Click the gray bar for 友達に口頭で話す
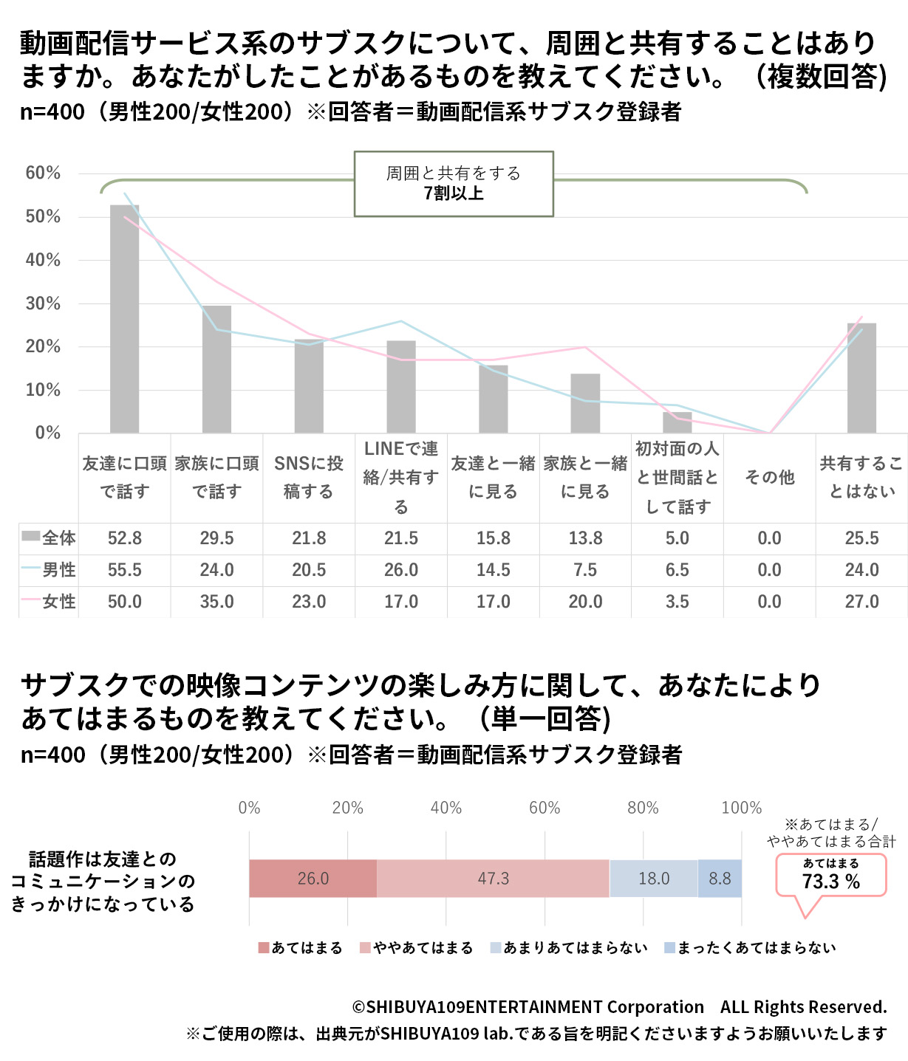[124, 319]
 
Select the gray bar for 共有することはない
[861, 378]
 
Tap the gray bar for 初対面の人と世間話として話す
[677, 423]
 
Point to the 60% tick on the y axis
[43, 174]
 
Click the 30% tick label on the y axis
[43, 303]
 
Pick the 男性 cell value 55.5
[124, 570]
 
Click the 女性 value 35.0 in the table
[216, 602]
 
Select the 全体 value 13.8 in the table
[585, 538]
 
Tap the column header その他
[769, 478]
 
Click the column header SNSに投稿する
[309, 478]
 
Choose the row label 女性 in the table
[58, 602]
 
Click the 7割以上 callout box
[454, 184]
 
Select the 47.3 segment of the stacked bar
[493, 879]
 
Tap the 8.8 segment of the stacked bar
[720, 879]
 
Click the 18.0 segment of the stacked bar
[654, 879]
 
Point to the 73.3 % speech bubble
[831, 876]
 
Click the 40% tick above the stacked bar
[446, 808]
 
